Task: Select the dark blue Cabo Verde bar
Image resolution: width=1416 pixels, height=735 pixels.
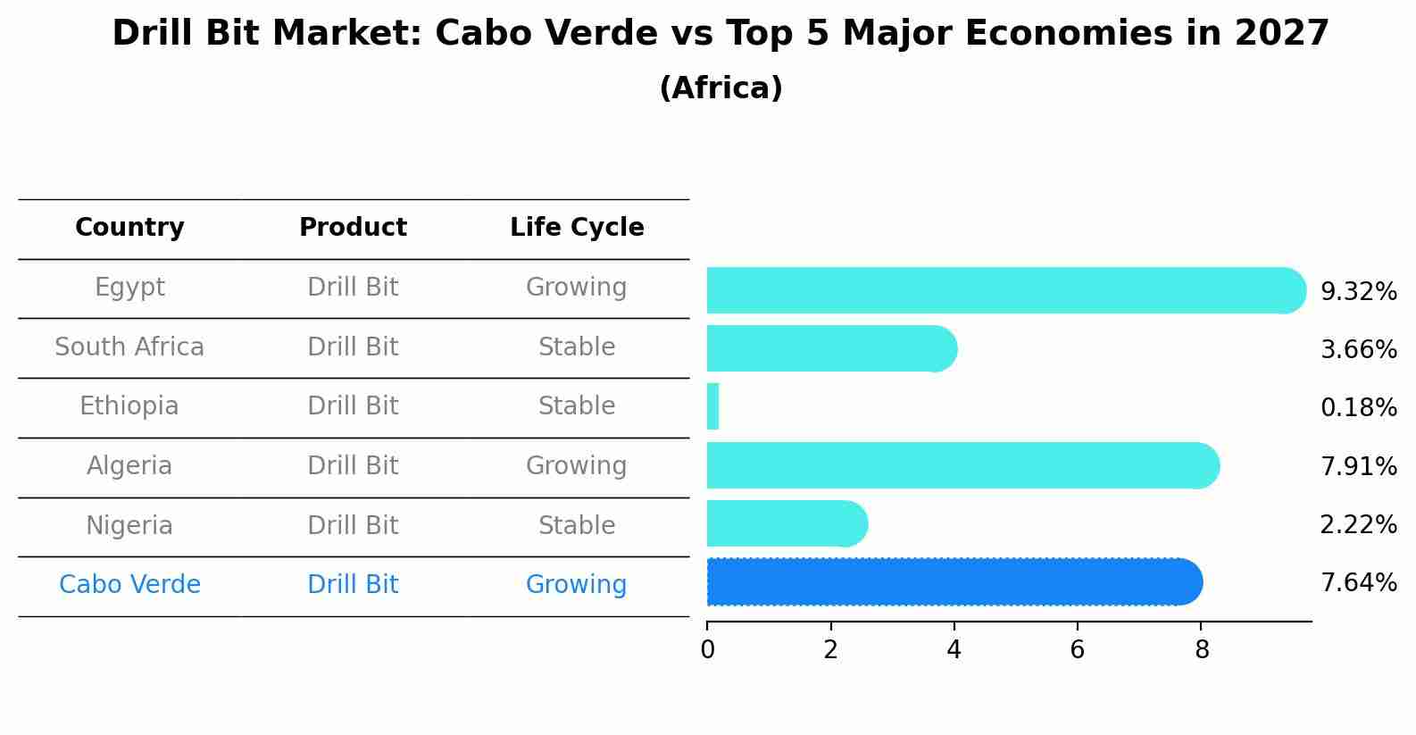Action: tap(954, 582)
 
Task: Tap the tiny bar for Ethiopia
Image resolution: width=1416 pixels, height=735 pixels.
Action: tap(712, 407)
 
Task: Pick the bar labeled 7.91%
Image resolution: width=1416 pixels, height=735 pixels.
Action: tap(962, 465)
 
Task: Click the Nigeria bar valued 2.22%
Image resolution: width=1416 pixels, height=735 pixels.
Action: tap(786, 523)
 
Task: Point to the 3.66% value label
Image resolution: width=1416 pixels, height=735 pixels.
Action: tap(1358, 349)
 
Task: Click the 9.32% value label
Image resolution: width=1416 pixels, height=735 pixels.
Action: tap(1358, 291)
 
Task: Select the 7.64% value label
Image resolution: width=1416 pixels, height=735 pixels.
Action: tap(1358, 582)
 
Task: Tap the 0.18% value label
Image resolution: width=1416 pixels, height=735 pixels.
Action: tap(1358, 407)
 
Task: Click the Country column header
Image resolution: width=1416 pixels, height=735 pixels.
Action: tap(129, 228)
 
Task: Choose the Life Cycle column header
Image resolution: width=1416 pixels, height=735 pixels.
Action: tap(577, 228)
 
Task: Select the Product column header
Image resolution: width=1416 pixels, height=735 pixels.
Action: tap(353, 228)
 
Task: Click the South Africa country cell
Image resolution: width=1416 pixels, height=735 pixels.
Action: tap(129, 347)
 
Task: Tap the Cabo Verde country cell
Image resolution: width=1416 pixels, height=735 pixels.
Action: tap(129, 584)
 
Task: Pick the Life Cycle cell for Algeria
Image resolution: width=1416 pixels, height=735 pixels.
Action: tap(576, 465)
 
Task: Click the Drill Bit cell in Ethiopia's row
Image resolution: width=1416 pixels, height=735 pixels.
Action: tap(353, 406)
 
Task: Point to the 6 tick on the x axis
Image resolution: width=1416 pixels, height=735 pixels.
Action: tap(1078, 649)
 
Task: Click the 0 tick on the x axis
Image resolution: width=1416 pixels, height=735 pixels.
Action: tap(707, 649)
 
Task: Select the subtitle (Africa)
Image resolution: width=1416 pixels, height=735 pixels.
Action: tap(720, 88)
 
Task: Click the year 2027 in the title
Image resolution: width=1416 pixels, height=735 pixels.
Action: tap(1282, 34)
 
